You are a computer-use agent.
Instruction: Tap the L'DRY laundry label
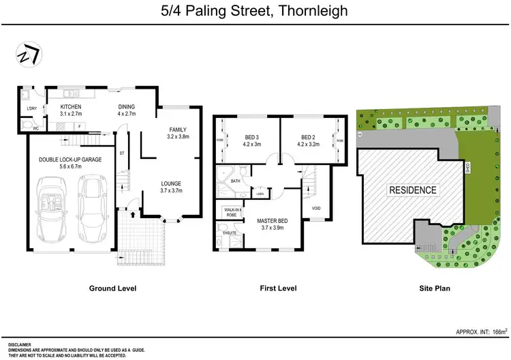pos(31,108)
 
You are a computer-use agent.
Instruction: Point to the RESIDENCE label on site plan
pos(413,190)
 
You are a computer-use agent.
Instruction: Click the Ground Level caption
pos(113,288)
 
